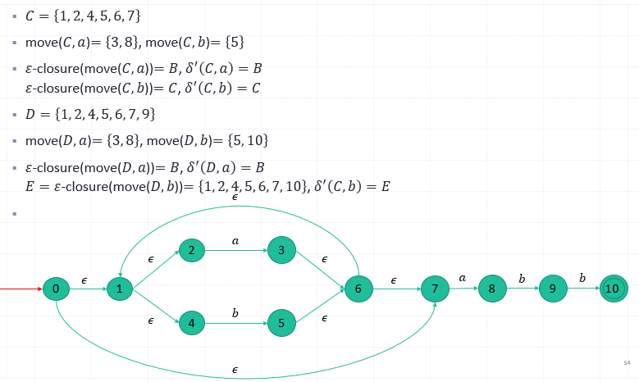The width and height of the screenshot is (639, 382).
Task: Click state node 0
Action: pyautogui.click(x=55, y=289)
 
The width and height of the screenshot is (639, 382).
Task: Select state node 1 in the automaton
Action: pyautogui.click(x=119, y=289)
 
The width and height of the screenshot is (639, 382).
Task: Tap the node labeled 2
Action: pyautogui.click(x=191, y=251)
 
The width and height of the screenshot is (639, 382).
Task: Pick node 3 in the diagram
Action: pyautogui.click(x=281, y=251)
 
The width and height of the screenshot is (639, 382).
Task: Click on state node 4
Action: pyautogui.click(x=191, y=323)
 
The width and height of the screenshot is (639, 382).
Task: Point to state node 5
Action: pyautogui.click(x=281, y=323)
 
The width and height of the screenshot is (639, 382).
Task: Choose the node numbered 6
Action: pyautogui.click(x=358, y=289)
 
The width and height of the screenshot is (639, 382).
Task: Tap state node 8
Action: pyautogui.click(x=492, y=289)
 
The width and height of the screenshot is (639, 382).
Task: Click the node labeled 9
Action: pyautogui.click(x=553, y=289)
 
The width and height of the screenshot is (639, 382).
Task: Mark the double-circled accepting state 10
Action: pyautogui.click(x=613, y=289)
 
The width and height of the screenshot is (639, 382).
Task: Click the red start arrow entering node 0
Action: pyautogui.click(x=21, y=289)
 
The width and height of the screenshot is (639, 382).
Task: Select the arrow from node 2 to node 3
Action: pyautogui.click(x=236, y=251)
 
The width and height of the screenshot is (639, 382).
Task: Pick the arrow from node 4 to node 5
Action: pyautogui.click(x=236, y=323)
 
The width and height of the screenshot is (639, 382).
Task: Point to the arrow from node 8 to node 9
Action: pyautogui.click(x=523, y=289)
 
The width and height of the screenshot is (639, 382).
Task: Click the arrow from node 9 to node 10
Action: pyautogui.click(x=582, y=289)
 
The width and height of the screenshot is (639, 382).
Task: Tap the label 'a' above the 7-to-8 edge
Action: pyautogui.click(x=463, y=278)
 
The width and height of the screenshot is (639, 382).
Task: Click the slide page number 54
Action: pyautogui.click(x=627, y=362)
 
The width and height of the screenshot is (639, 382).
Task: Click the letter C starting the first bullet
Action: pyautogui.click(x=31, y=15)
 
